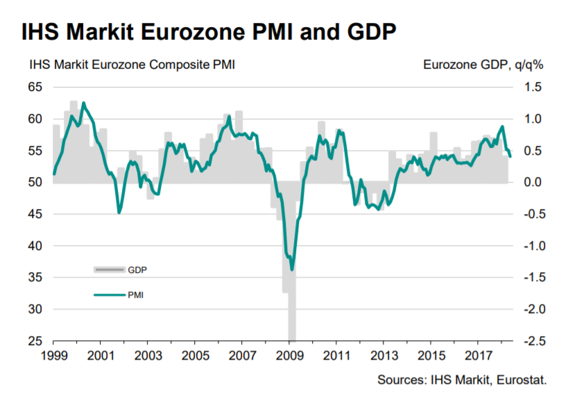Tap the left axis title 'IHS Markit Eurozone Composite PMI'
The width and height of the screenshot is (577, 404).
[132, 66]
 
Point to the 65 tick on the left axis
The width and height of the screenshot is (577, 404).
[35, 87]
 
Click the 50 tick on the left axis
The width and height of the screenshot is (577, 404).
[35, 183]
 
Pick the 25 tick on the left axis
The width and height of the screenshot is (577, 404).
[35, 341]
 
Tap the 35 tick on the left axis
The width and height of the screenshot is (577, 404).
[35, 278]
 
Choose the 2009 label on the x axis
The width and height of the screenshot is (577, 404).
[288, 355]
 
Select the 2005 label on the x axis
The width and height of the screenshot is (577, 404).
[194, 355]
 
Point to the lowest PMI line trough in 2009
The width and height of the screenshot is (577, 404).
[292, 269]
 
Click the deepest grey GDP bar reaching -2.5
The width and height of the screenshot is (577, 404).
[292, 326]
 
